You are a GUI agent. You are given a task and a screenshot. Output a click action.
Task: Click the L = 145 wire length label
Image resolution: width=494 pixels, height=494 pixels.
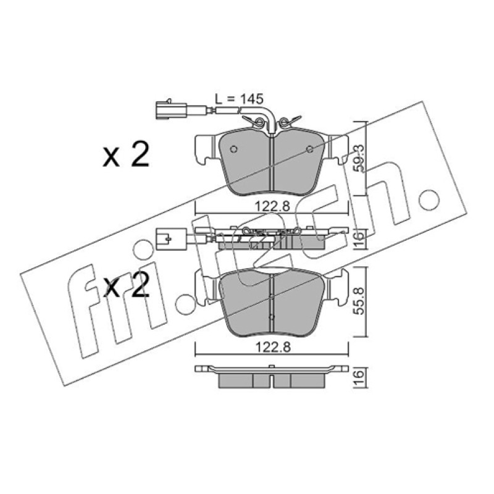pyautogui.click(x=239, y=99)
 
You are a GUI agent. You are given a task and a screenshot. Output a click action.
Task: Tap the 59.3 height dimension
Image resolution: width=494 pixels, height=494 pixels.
pyautogui.click(x=359, y=158)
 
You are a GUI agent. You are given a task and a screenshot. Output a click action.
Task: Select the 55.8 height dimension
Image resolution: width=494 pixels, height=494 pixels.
pyautogui.click(x=359, y=301)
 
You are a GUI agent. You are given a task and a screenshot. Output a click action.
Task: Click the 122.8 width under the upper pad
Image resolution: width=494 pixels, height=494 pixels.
pyautogui.click(x=272, y=207)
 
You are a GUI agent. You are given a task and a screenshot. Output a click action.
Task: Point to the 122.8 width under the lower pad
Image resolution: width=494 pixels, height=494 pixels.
pyautogui.click(x=272, y=348)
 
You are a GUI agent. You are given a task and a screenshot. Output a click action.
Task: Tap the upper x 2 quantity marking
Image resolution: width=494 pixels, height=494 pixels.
pyautogui.click(x=126, y=156)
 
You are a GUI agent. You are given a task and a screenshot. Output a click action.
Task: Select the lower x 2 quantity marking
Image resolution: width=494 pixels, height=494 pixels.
pyautogui.click(x=126, y=285)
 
